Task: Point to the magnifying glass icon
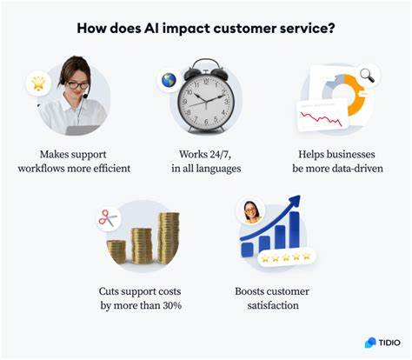[x=365, y=76]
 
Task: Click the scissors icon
[x=108, y=219]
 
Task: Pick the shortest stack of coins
[x=116, y=251]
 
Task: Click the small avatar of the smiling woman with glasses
[x=250, y=210]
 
